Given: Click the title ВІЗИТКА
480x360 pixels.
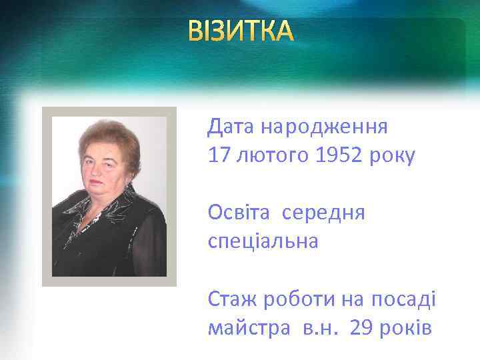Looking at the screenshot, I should point(240,31).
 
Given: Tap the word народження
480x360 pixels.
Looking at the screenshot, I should point(324,125).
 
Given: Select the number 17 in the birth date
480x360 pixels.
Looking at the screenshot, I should point(218,155).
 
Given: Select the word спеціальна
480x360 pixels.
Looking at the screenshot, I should point(263,241).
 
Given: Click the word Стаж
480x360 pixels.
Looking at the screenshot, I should point(233,298).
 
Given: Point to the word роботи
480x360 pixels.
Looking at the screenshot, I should point(299,298).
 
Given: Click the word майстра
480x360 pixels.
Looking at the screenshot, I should point(245,328).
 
